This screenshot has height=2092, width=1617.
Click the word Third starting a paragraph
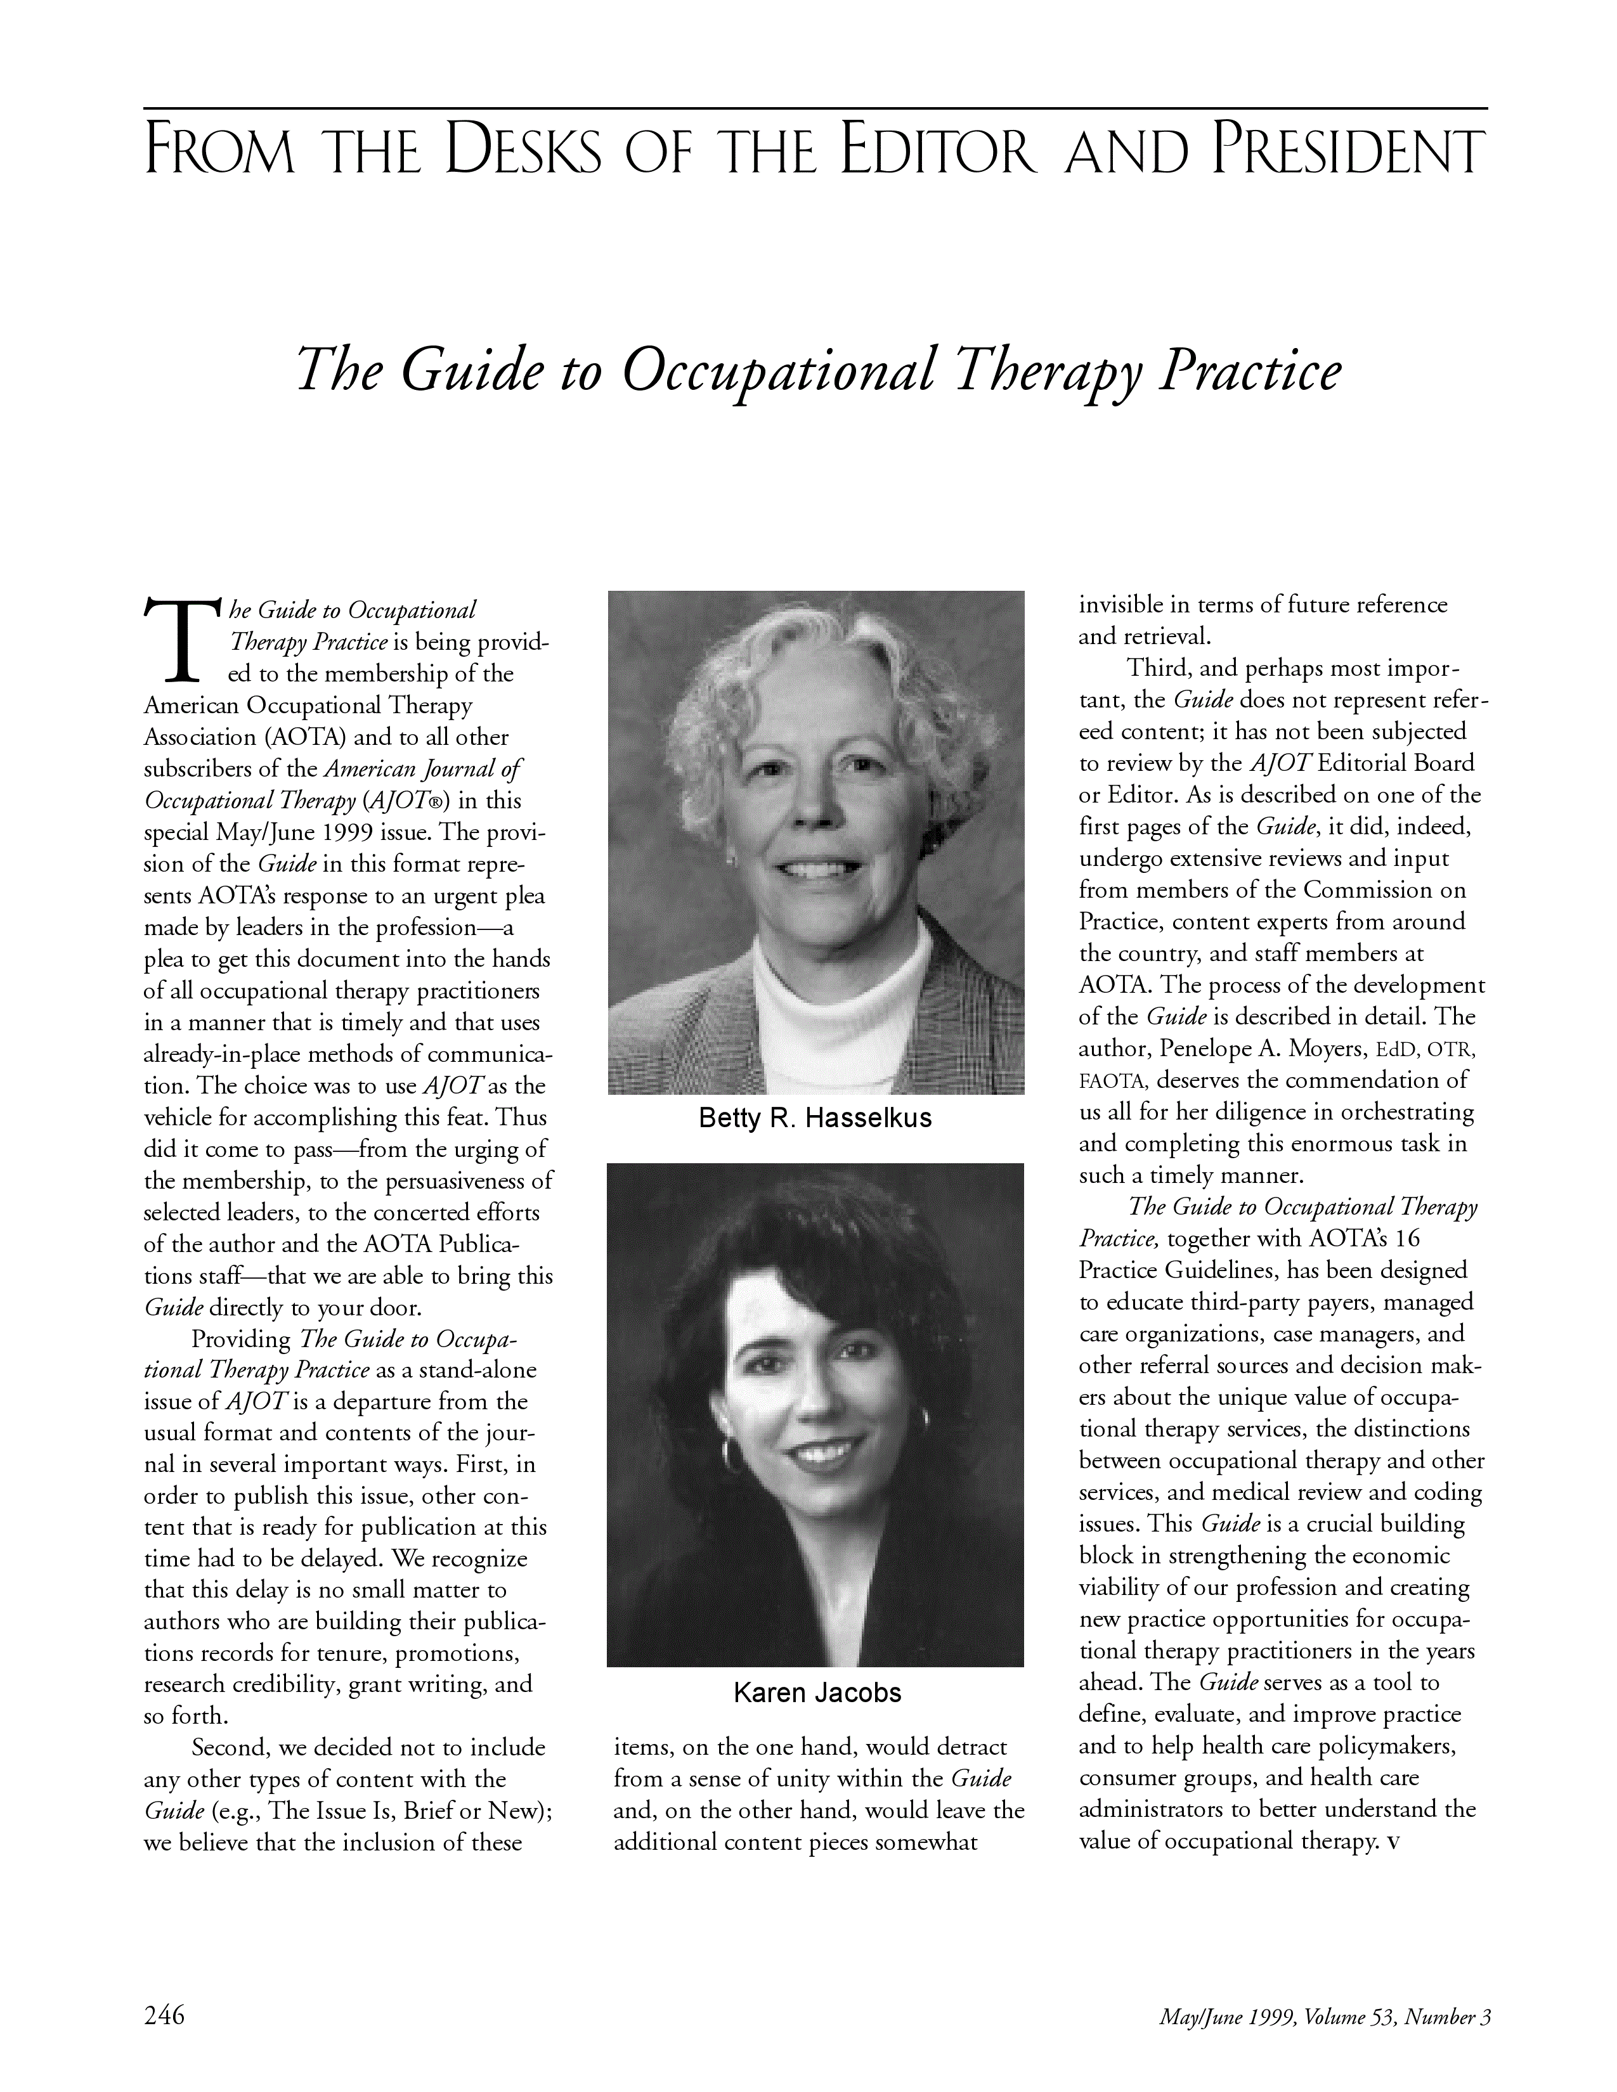pyautogui.click(x=1157, y=669)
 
